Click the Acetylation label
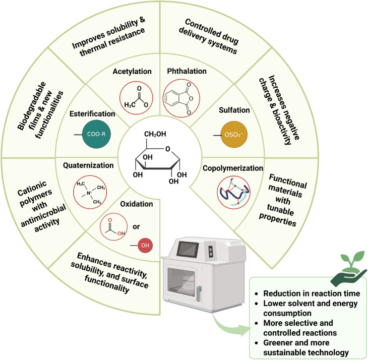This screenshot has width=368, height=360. [132, 71]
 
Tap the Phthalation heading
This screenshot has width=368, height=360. [187, 71]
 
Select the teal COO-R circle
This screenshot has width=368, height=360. [96, 134]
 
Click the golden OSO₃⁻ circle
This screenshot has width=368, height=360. [234, 135]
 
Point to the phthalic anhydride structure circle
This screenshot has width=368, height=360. [181, 98]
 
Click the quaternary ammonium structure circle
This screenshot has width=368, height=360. [90, 192]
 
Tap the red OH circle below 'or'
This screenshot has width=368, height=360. [145, 245]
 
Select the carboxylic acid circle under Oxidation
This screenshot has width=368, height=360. [113, 227]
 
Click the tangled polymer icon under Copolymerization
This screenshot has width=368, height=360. [233, 193]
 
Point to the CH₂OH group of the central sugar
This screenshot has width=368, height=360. [155, 134]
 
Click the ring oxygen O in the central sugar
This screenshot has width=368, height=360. [167, 149]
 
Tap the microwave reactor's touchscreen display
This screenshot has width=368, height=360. [188, 249]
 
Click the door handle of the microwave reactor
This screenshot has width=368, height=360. [199, 293]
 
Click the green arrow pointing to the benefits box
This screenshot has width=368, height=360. [231, 325]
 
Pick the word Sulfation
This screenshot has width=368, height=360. [234, 110]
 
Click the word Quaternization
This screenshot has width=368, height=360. [88, 165]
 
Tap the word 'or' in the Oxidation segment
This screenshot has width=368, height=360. [136, 227]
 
